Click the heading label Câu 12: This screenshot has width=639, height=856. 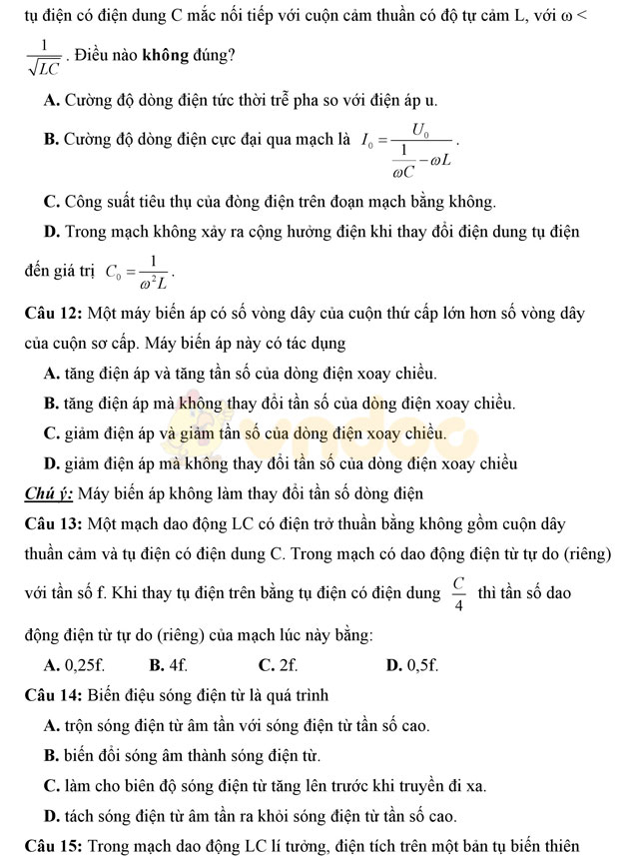coord(55,313)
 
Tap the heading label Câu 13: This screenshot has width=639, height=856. coord(55,522)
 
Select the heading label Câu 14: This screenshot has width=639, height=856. coord(55,694)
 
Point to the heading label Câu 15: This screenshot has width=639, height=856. coord(55,846)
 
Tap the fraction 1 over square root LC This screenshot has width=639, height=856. coord(44,57)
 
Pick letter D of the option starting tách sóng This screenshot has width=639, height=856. coord(51,815)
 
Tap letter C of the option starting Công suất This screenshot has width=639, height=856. coord(51,201)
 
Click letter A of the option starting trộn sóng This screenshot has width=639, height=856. coord(51,725)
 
